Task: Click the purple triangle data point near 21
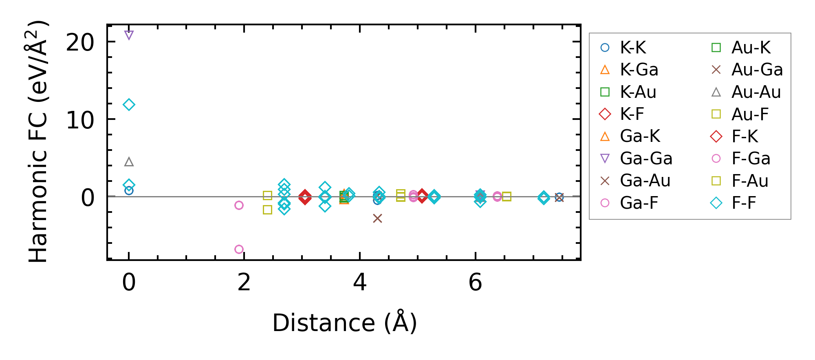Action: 129,35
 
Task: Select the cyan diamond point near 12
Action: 129,105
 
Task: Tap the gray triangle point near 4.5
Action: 129,162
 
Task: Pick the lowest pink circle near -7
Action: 239,249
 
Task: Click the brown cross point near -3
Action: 377,219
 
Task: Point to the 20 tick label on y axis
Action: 80,42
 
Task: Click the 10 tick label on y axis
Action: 80,120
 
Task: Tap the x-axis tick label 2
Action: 244,282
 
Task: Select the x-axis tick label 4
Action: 360,282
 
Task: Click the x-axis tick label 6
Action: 475,282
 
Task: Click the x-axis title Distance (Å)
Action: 345,323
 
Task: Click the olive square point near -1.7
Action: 267,210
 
